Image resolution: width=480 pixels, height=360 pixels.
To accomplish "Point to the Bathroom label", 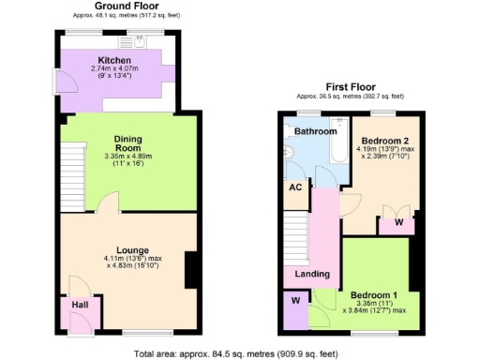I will (315, 132).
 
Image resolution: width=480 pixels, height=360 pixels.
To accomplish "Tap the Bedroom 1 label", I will (372, 295).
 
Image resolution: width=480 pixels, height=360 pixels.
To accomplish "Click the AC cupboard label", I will (294, 187).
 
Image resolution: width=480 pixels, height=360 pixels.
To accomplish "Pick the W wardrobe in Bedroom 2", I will (398, 223).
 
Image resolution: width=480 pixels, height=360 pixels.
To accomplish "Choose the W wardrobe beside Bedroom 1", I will (294, 301).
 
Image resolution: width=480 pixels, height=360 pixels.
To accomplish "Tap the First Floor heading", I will (349, 85).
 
